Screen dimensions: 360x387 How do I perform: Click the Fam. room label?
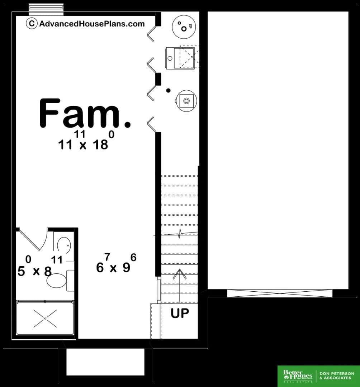[x=85, y=113]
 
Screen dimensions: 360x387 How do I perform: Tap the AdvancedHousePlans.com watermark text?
[x=92, y=24]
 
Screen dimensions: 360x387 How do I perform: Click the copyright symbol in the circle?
[x=32, y=23]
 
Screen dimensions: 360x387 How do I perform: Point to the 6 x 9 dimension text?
[x=116, y=263]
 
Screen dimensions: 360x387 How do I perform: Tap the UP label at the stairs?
[x=180, y=313]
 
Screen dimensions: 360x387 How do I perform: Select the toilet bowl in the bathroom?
[x=57, y=281]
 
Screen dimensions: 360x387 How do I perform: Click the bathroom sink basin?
[x=64, y=245]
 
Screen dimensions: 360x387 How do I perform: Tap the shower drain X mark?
[x=45, y=319]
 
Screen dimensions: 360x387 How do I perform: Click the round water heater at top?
[x=184, y=27]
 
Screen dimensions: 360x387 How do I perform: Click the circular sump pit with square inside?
[x=186, y=101]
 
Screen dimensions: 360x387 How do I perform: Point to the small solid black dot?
[x=169, y=90]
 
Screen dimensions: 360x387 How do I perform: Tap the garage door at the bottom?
[x=280, y=294]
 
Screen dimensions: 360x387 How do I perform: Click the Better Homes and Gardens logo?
[x=298, y=376]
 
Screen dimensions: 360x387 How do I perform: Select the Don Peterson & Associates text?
[x=337, y=376]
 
